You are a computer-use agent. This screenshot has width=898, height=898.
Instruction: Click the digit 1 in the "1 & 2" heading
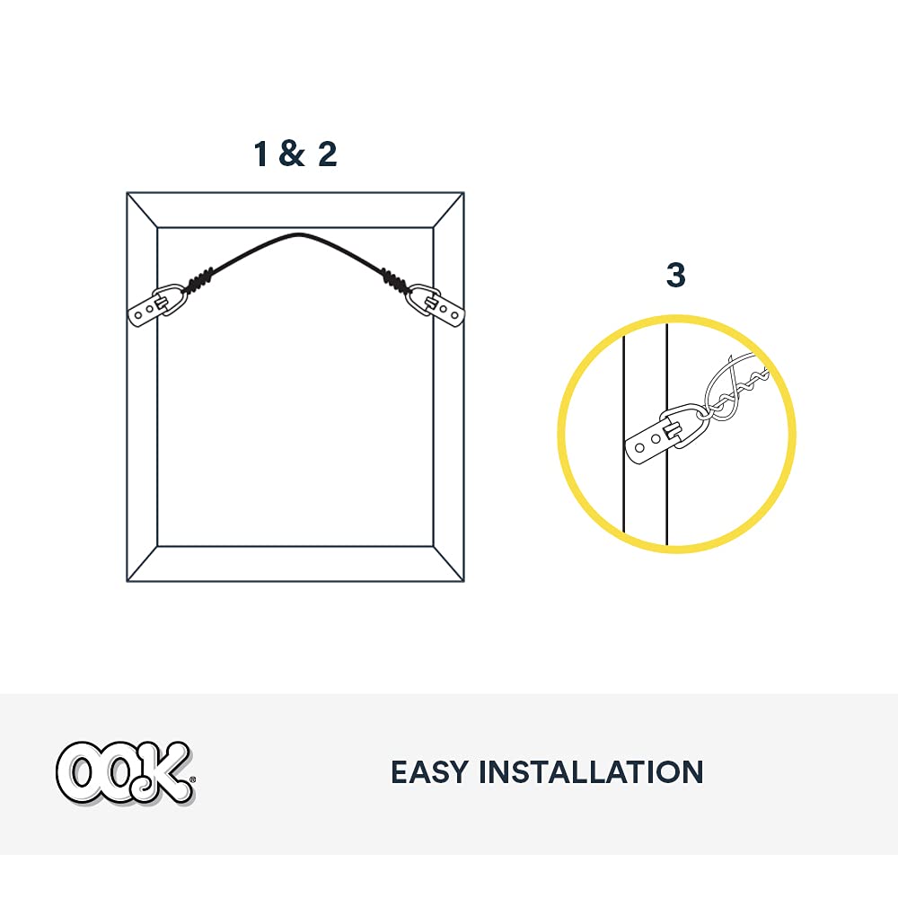coord(260,154)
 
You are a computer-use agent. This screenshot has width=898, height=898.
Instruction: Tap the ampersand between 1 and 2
coord(292,154)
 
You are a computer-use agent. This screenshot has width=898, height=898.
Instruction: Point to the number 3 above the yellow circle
coord(675,276)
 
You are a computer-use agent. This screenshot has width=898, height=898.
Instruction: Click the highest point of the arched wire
coord(296,235)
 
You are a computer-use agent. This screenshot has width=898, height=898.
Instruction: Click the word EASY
coord(427,772)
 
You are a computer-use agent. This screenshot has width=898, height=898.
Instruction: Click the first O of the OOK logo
coord(77,770)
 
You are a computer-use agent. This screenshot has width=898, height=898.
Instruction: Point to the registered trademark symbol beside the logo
coord(193,796)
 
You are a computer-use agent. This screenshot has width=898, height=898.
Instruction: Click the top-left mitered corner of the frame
coord(142,210)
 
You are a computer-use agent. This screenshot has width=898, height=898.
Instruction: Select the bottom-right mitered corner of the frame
coord(449,563)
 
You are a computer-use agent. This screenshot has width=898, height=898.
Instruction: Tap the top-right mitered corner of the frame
coord(449,210)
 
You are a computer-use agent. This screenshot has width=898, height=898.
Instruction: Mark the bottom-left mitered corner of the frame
coord(142,563)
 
